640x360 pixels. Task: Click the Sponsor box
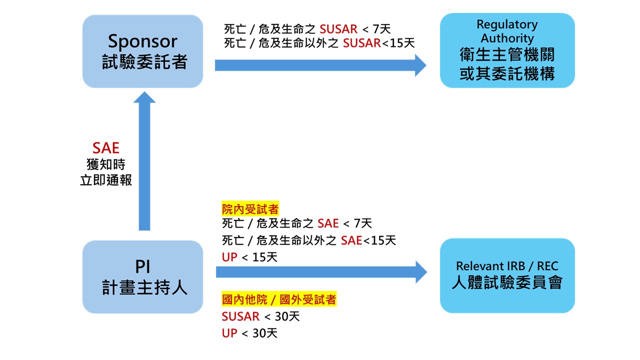pyautogui.click(x=142, y=51)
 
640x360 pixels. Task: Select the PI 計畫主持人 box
pyautogui.click(x=142, y=277)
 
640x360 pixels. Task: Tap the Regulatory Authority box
pyautogui.click(x=507, y=51)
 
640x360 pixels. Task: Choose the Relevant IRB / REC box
pyautogui.click(x=507, y=275)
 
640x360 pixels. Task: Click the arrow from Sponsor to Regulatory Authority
pyautogui.click(x=320, y=65)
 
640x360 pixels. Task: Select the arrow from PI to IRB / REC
pyautogui.click(x=320, y=272)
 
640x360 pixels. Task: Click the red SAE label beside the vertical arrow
pyautogui.click(x=106, y=148)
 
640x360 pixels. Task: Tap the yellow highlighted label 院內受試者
pyautogui.click(x=250, y=209)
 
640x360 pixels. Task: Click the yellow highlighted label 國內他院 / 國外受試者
pyautogui.click(x=279, y=300)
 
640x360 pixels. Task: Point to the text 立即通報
pyautogui.click(x=106, y=180)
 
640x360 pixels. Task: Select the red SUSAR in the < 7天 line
pyautogui.click(x=338, y=29)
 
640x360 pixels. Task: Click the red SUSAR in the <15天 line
pyautogui.click(x=361, y=43)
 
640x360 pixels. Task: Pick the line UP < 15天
pyautogui.click(x=249, y=257)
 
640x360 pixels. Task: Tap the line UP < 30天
pyautogui.click(x=249, y=332)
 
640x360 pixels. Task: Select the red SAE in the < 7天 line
pyautogui.click(x=328, y=223)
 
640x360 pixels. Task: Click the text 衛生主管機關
pyautogui.click(x=507, y=55)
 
